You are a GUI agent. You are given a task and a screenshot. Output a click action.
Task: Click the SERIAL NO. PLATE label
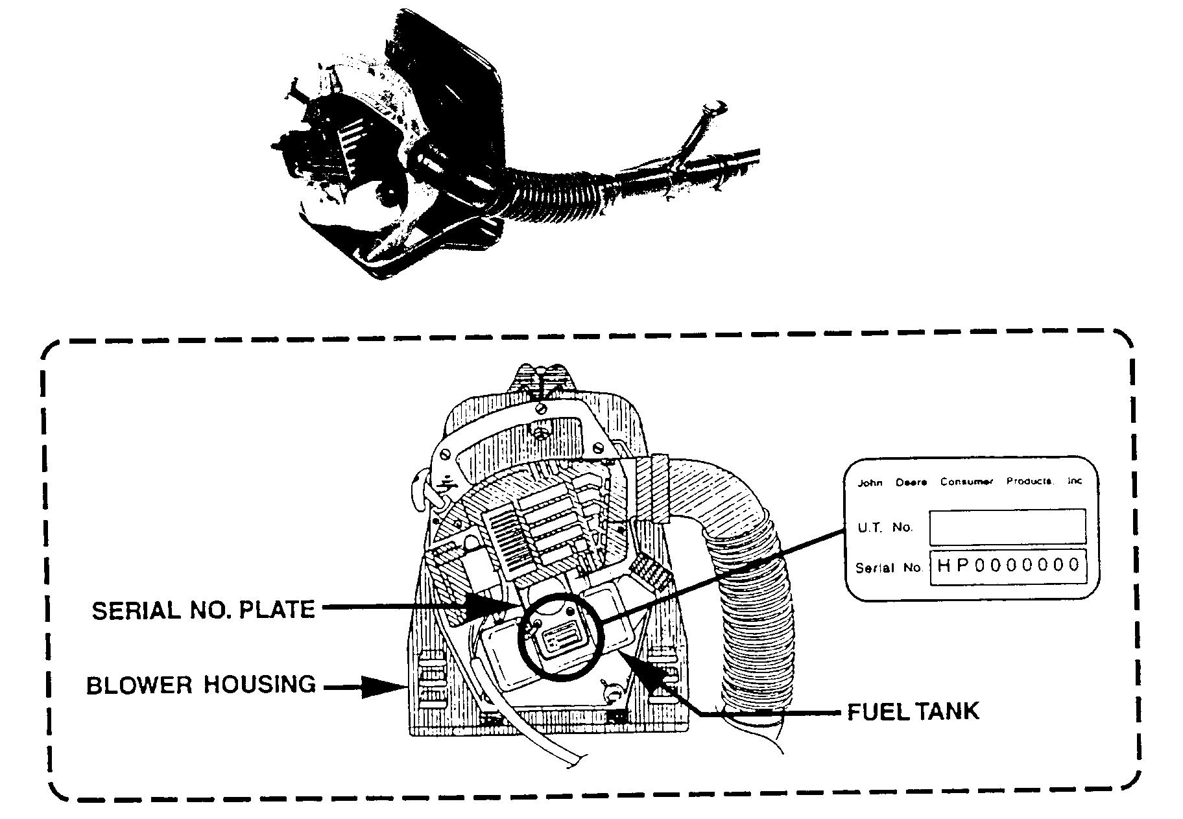tap(203, 610)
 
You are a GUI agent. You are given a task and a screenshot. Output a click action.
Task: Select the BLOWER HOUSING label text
tap(201, 685)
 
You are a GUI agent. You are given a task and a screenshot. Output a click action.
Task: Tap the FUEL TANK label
tap(913, 711)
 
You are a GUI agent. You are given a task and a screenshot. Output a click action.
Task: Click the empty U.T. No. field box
tap(1007, 527)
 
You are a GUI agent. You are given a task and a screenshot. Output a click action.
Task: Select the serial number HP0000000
tap(1008, 565)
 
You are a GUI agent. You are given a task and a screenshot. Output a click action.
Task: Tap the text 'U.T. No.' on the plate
tap(885, 527)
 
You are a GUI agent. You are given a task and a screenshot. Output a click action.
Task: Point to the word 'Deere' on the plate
tap(911, 482)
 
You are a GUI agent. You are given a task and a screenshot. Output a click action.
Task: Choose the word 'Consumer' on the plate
tap(966, 482)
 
